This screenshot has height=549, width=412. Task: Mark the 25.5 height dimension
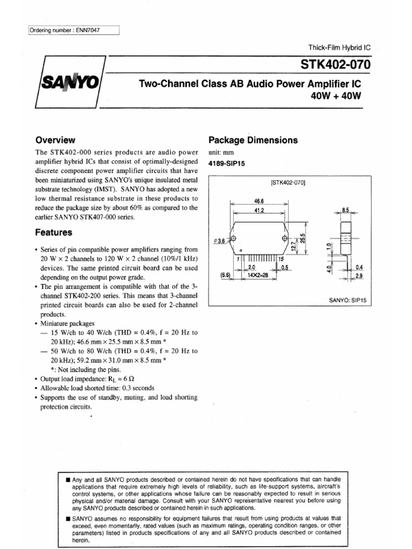[x=302, y=236]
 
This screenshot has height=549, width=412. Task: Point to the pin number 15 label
[x=279, y=259]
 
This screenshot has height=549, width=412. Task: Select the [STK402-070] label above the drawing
[x=288, y=182]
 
